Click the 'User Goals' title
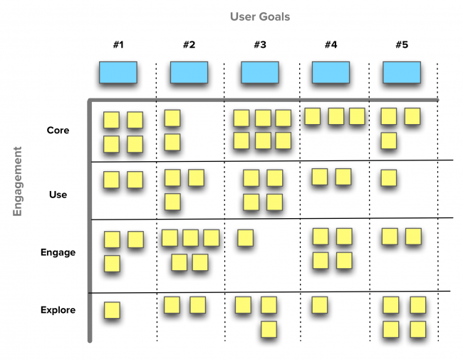pyautogui.click(x=260, y=17)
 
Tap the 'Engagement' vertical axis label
pyautogui.click(x=17, y=181)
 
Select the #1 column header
pyautogui.click(x=118, y=45)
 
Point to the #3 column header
pyautogui.click(x=260, y=45)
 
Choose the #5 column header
pyautogui.click(x=402, y=45)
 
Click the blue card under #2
pyautogui.click(x=189, y=73)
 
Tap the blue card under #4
pyautogui.click(x=331, y=73)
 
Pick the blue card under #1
pyautogui.click(x=118, y=73)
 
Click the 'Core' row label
pyautogui.click(x=58, y=130)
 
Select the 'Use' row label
pyautogui.click(x=58, y=195)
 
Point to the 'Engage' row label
pyautogui.click(x=58, y=252)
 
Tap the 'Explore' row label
pyautogui.click(x=58, y=310)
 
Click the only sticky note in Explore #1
pyautogui.click(x=112, y=310)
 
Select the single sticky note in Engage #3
pyautogui.click(x=245, y=238)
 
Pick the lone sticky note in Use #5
pyautogui.click(x=389, y=178)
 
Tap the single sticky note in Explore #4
pyautogui.click(x=320, y=305)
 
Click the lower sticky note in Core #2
pyautogui.click(x=172, y=142)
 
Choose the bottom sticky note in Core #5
pyautogui.click(x=389, y=140)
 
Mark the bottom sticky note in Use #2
pyautogui.click(x=172, y=202)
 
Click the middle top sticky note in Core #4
pyautogui.click(x=336, y=116)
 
